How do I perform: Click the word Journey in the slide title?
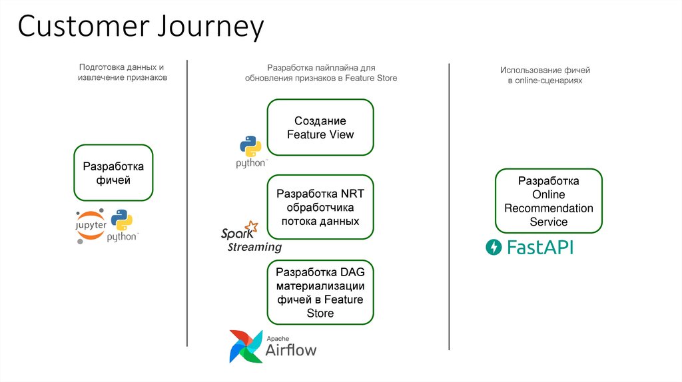(x=211, y=27)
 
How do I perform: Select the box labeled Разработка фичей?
(x=113, y=173)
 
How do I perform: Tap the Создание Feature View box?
(x=320, y=128)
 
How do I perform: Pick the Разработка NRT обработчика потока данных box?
(x=320, y=207)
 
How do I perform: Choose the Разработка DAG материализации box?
(x=320, y=292)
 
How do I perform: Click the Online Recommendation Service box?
(x=548, y=201)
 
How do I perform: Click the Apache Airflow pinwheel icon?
(x=245, y=346)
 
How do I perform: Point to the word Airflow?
(x=291, y=350)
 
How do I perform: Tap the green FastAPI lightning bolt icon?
(x=494, y=248)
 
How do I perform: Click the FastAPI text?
(x=539, y=248)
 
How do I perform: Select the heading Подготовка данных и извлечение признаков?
(x=121, y=73)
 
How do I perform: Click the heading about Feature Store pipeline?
(x=320, y=73)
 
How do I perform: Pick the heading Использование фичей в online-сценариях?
(x=545, y=75)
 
